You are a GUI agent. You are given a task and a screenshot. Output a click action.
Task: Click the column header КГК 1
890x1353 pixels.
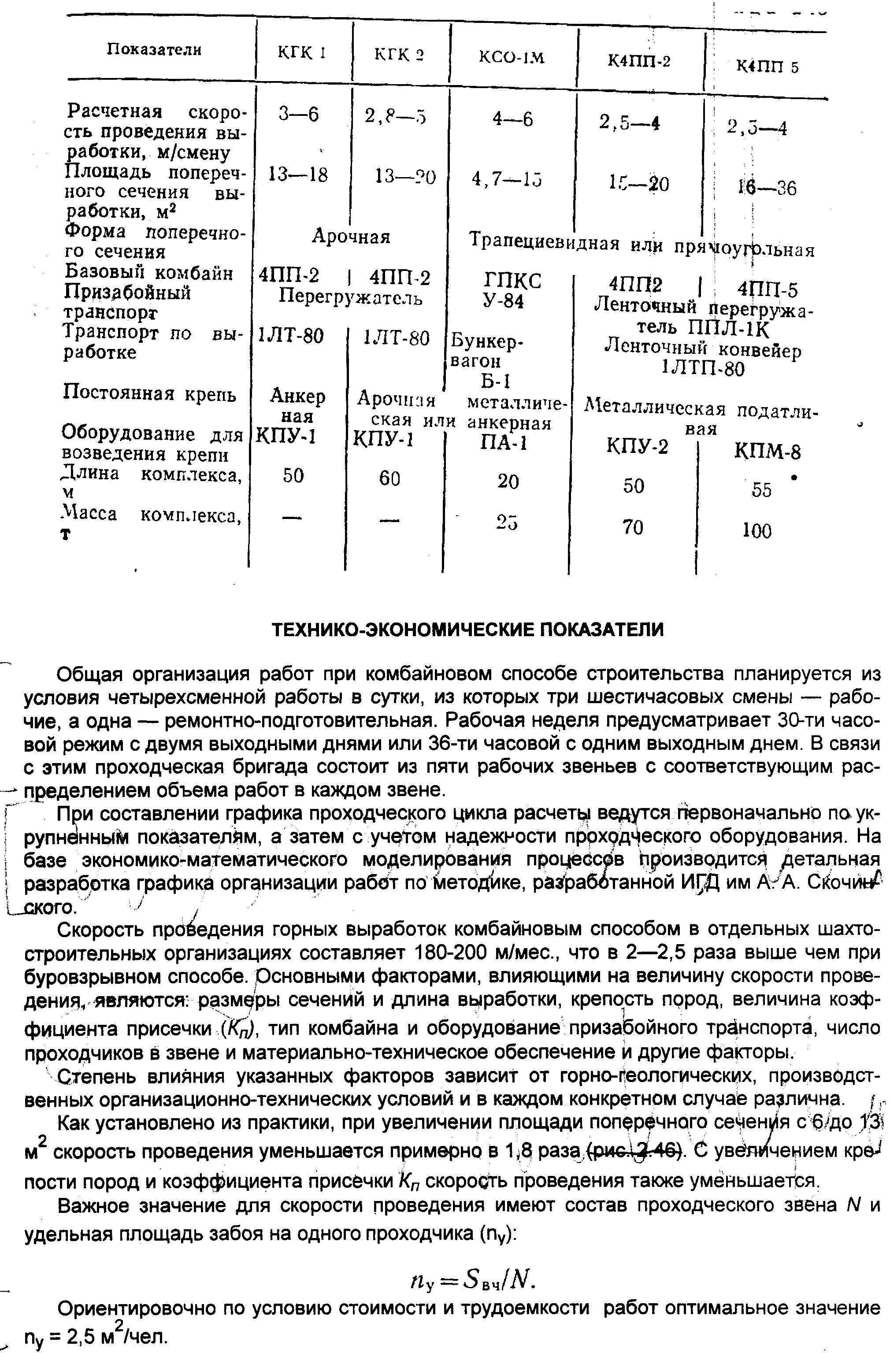[x=301, y=53]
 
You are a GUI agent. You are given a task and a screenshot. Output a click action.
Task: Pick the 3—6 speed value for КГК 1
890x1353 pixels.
[x=299, y=115]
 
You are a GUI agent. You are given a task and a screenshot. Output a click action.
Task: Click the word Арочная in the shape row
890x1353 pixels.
[x=351, y=237]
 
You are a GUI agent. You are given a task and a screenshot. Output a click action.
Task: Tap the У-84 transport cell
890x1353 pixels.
[x=503, y=301]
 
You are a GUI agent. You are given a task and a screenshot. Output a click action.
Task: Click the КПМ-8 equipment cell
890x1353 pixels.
[x=767, y=452]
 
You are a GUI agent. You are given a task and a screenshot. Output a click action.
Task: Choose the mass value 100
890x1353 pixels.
[x=757, y=531]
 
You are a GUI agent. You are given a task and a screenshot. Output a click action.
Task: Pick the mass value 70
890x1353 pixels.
[x=632, y=527]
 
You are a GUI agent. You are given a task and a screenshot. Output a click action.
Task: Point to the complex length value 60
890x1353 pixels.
[x=389, y=478]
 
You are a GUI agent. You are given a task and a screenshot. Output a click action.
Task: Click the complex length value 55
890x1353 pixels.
[x=761, y=490]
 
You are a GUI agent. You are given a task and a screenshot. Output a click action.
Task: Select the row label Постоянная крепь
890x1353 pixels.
[x=149, y=394]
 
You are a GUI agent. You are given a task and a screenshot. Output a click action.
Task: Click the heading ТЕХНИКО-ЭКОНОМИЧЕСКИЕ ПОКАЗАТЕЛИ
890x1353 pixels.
[x=468, y=630]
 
